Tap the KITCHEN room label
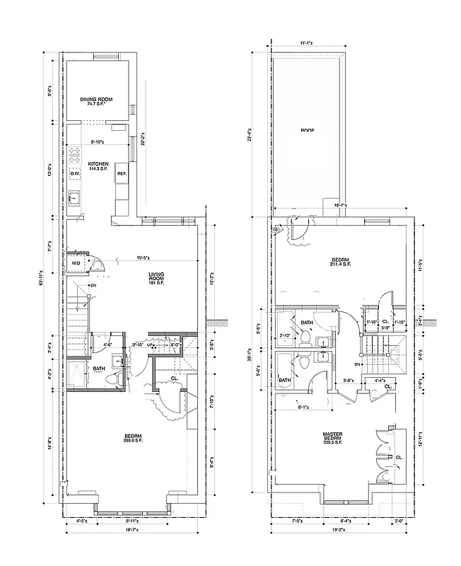98,166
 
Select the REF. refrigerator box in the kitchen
122,173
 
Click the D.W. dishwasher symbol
75,173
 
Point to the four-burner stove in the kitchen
75,154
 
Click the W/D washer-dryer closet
76,263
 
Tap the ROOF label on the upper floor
307,130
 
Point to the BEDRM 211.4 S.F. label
340,263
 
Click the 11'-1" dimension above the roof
306,43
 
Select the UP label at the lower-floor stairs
149,345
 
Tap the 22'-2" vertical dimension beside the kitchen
143,139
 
